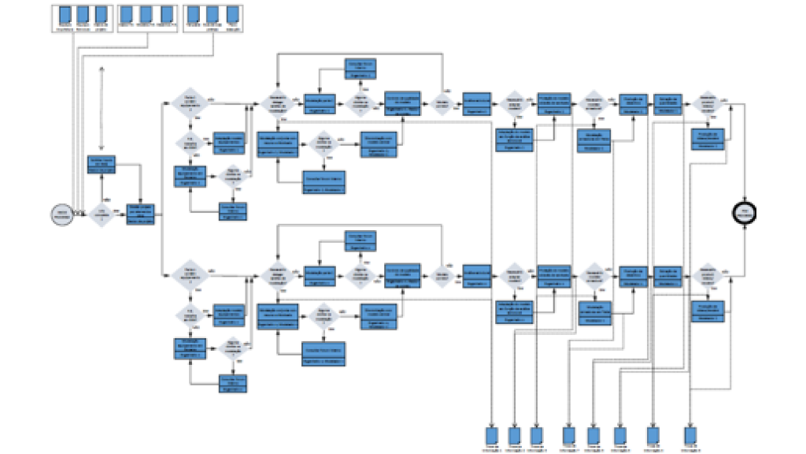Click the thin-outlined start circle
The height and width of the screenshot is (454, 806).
click(x=61, y=213)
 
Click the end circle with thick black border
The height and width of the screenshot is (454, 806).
click(x=743, y=211)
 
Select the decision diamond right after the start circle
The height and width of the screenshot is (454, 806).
click(x=101, y=213)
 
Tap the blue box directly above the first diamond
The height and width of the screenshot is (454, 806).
click(x=102, y=165)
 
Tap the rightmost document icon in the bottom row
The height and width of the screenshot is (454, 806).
click(x=690, y=435)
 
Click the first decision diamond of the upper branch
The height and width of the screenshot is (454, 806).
click(x=189, y=102)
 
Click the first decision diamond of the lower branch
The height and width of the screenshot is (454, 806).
click(x=189, y=275)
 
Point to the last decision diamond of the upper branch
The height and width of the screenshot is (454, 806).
click(x=708, y=102)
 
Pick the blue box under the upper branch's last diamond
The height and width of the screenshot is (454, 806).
click(x=708, y=138)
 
